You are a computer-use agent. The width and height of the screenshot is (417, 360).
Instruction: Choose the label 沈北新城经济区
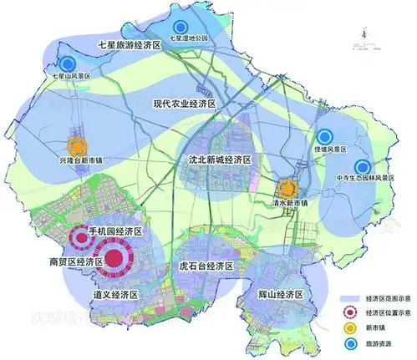point(222,158)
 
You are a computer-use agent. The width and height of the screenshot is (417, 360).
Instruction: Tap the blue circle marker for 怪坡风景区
point(324,138)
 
